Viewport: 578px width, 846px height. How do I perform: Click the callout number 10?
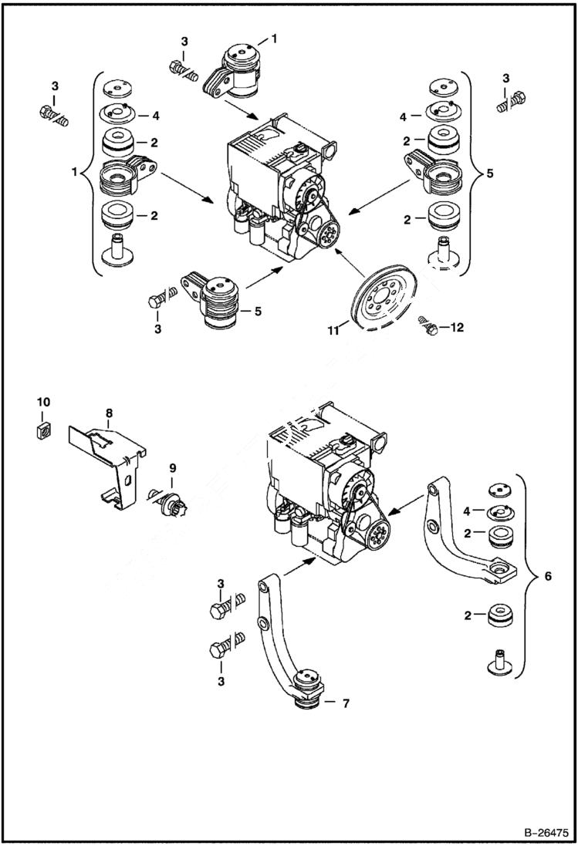(43, 402)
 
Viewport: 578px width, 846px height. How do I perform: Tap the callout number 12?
(456, 328)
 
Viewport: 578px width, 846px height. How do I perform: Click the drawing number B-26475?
(541, 832)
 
